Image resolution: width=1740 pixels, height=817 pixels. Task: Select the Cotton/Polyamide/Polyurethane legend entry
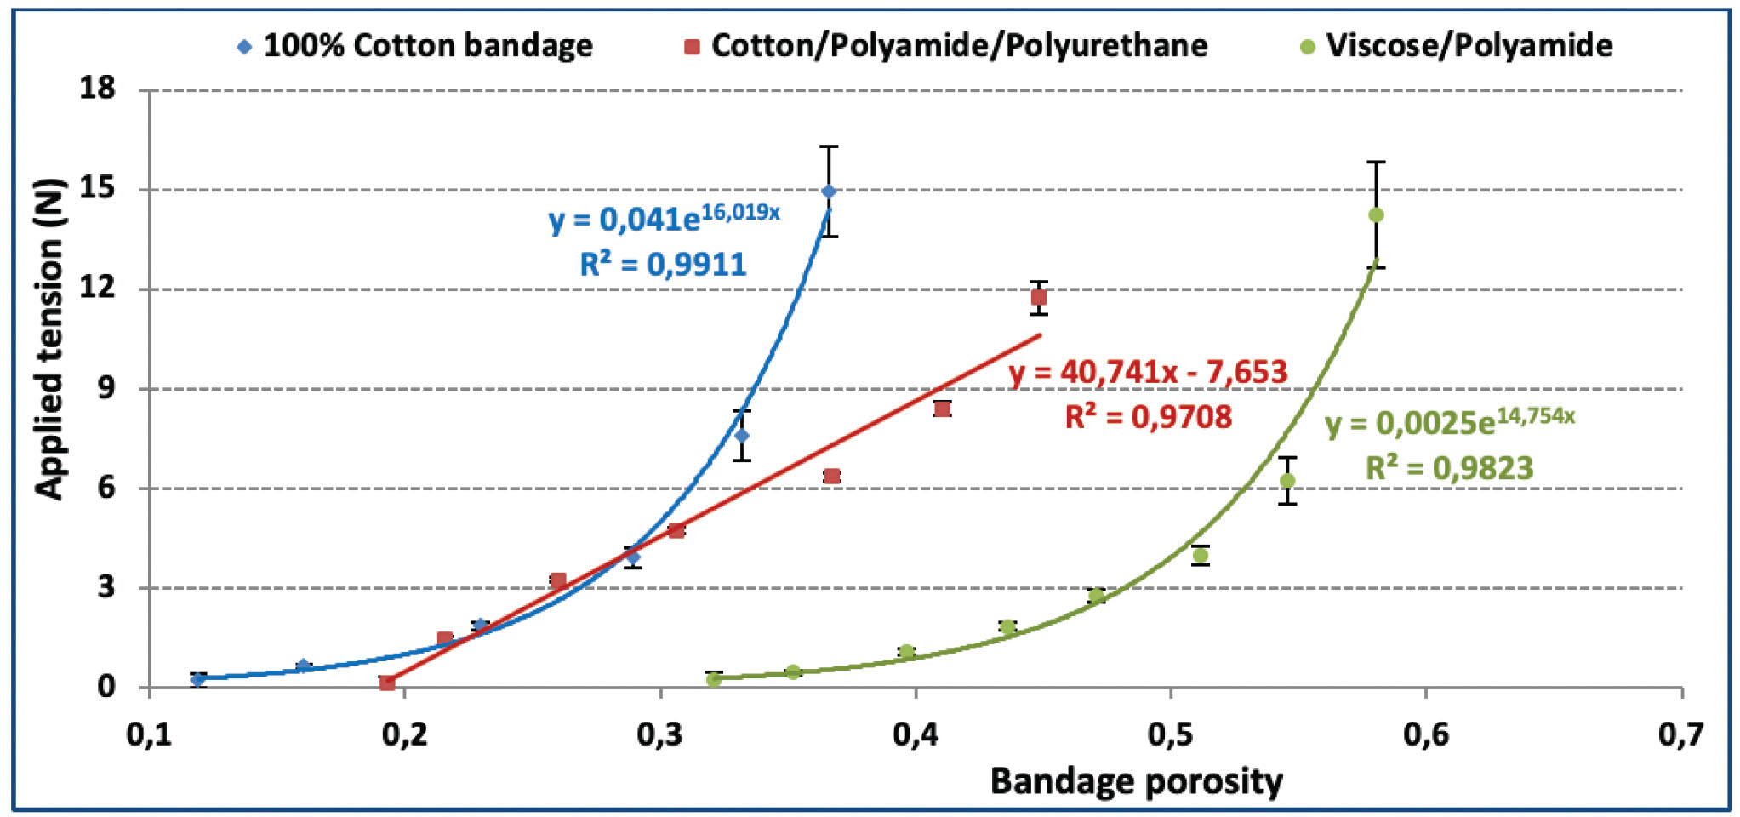(946, 45)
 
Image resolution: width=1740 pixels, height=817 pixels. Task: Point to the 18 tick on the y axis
(98, 88)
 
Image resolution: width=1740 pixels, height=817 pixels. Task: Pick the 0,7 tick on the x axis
(1680, 734)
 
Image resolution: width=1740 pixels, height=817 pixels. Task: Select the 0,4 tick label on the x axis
(916, 734)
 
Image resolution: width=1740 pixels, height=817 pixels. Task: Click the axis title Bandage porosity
(1136, 780)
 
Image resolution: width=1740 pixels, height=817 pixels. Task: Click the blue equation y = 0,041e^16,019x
(664, 218)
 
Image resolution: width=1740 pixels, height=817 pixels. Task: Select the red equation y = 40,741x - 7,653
(1148, 372)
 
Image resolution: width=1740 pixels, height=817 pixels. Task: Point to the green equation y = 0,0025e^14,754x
(1449, 422)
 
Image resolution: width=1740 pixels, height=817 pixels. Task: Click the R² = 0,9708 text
(1148, 417)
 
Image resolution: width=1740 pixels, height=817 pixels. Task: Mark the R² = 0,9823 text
(1449, 467)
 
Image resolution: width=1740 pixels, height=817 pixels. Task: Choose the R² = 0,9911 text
(663, 264)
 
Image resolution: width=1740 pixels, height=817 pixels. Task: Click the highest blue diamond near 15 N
(829, 191)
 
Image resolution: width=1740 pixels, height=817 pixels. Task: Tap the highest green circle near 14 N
(1376, 215)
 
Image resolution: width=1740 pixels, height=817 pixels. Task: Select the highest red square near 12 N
(1039, 297)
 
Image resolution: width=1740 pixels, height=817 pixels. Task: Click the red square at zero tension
(387, 683)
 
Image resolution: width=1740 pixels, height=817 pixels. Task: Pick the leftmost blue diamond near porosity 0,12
(198, 679)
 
